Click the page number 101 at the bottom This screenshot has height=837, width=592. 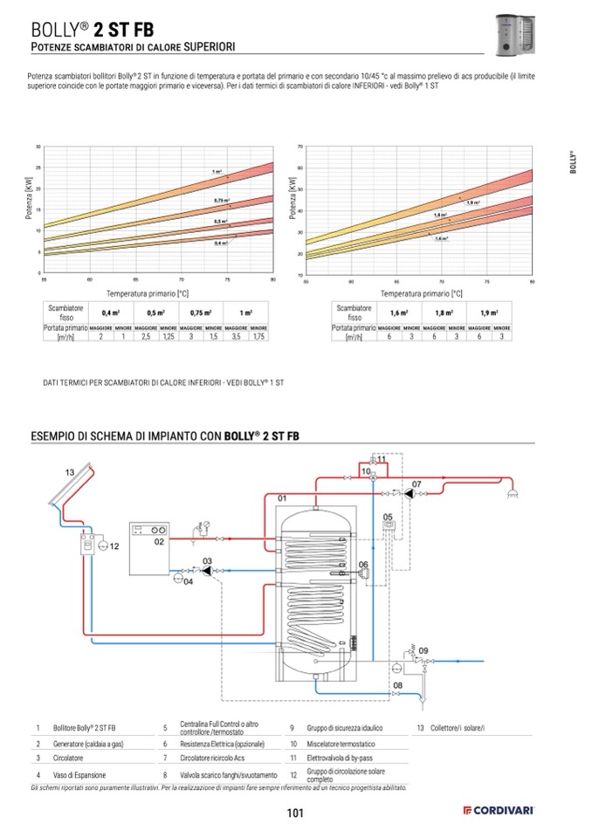tap(294, 815)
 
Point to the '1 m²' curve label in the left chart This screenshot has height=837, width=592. tap(217, 172)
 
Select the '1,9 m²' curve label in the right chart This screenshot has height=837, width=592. tap(473, 202)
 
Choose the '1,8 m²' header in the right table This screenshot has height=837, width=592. tap(443, 312)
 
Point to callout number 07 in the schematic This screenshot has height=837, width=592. tap(416, 484)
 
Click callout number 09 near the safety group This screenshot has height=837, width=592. tap(423, 650)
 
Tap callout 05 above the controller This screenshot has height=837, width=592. tap(387, 517)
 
